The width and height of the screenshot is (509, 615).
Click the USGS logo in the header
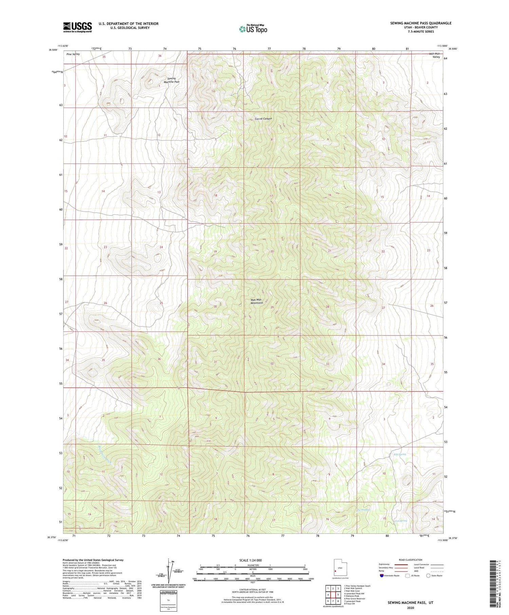(77, 27)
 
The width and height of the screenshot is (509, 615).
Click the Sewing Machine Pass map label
(172, 80)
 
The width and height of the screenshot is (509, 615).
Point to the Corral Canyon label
(264, 119)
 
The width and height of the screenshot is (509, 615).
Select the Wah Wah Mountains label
(257, 301)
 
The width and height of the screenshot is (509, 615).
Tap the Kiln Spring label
(400, 454)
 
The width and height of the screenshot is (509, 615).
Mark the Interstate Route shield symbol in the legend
(382, 576)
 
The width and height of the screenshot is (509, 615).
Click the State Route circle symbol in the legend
(428, 576)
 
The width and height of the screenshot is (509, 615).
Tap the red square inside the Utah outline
(336, 571)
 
